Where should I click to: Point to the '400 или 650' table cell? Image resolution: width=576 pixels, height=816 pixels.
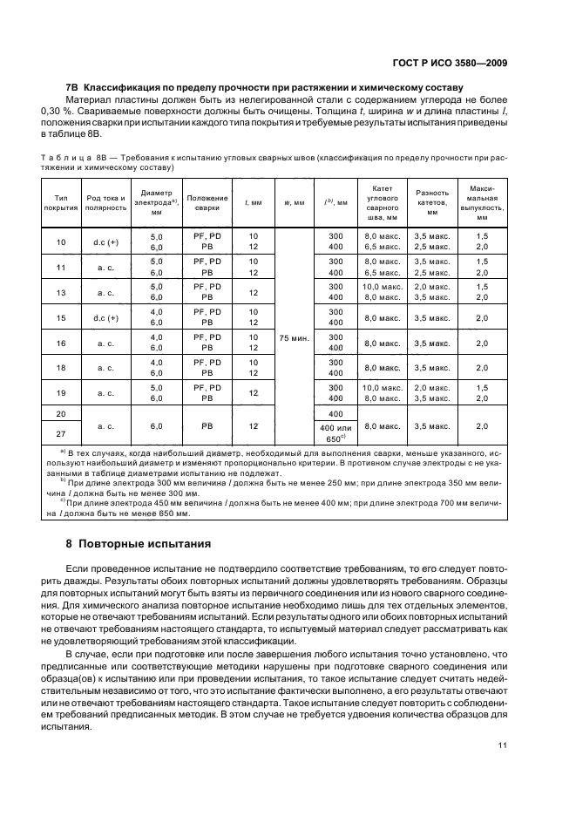coord(335,432)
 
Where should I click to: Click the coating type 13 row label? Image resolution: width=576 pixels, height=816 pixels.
coord(61,292)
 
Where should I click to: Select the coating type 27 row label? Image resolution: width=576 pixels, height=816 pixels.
coord(61,433)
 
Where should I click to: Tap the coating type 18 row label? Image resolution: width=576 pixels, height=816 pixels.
coord(61,368)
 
